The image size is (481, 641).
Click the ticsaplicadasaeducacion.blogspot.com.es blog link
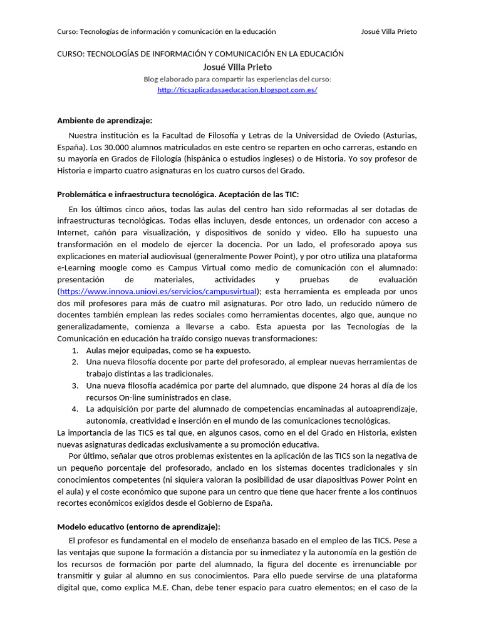tap(237, 90)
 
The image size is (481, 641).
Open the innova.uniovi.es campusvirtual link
tap(158, 292)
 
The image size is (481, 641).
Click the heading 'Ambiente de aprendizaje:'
tap(105, 120)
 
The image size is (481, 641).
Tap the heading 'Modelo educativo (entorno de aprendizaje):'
tap(139, 526)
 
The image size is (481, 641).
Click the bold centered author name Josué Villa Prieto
tap(237, 67)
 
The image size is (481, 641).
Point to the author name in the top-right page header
tap(389, 31)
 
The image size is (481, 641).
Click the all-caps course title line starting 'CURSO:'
tap(200, 54)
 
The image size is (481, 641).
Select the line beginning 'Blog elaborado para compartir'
tap(237, 79)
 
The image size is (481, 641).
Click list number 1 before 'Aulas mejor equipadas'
tap(75, 351)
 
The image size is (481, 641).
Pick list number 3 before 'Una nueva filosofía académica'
tap(75, 386)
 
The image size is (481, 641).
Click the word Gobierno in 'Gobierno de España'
tap(210, 503)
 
